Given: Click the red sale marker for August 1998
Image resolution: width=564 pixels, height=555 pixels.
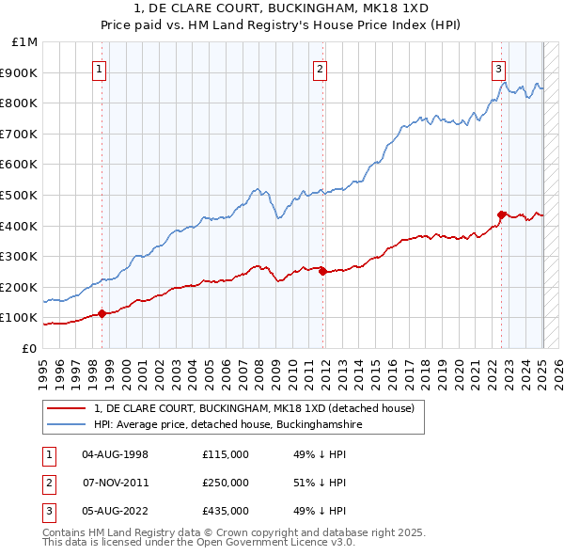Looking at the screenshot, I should pos(102,313).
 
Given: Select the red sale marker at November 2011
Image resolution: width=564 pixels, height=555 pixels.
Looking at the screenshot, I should pos(322,271).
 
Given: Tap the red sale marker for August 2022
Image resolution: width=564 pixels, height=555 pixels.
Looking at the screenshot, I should pos(501,214).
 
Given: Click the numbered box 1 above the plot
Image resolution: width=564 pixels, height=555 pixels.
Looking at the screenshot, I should pos(100,68).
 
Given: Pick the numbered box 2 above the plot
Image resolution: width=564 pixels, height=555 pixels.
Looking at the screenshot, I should pos(321,68).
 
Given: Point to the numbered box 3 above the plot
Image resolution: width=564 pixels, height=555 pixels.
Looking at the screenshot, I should pos(498,68).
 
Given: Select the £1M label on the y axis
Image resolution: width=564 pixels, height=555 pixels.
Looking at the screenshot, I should pos(24,41).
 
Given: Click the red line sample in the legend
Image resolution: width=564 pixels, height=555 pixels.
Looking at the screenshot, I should pos(67,408).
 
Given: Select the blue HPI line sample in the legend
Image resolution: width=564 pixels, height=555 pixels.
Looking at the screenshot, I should pos(67,424).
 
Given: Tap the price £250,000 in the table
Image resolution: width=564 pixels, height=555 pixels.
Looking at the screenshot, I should pos(225,483).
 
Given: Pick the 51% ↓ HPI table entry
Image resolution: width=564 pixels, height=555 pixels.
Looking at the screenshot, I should pos(321,483).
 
